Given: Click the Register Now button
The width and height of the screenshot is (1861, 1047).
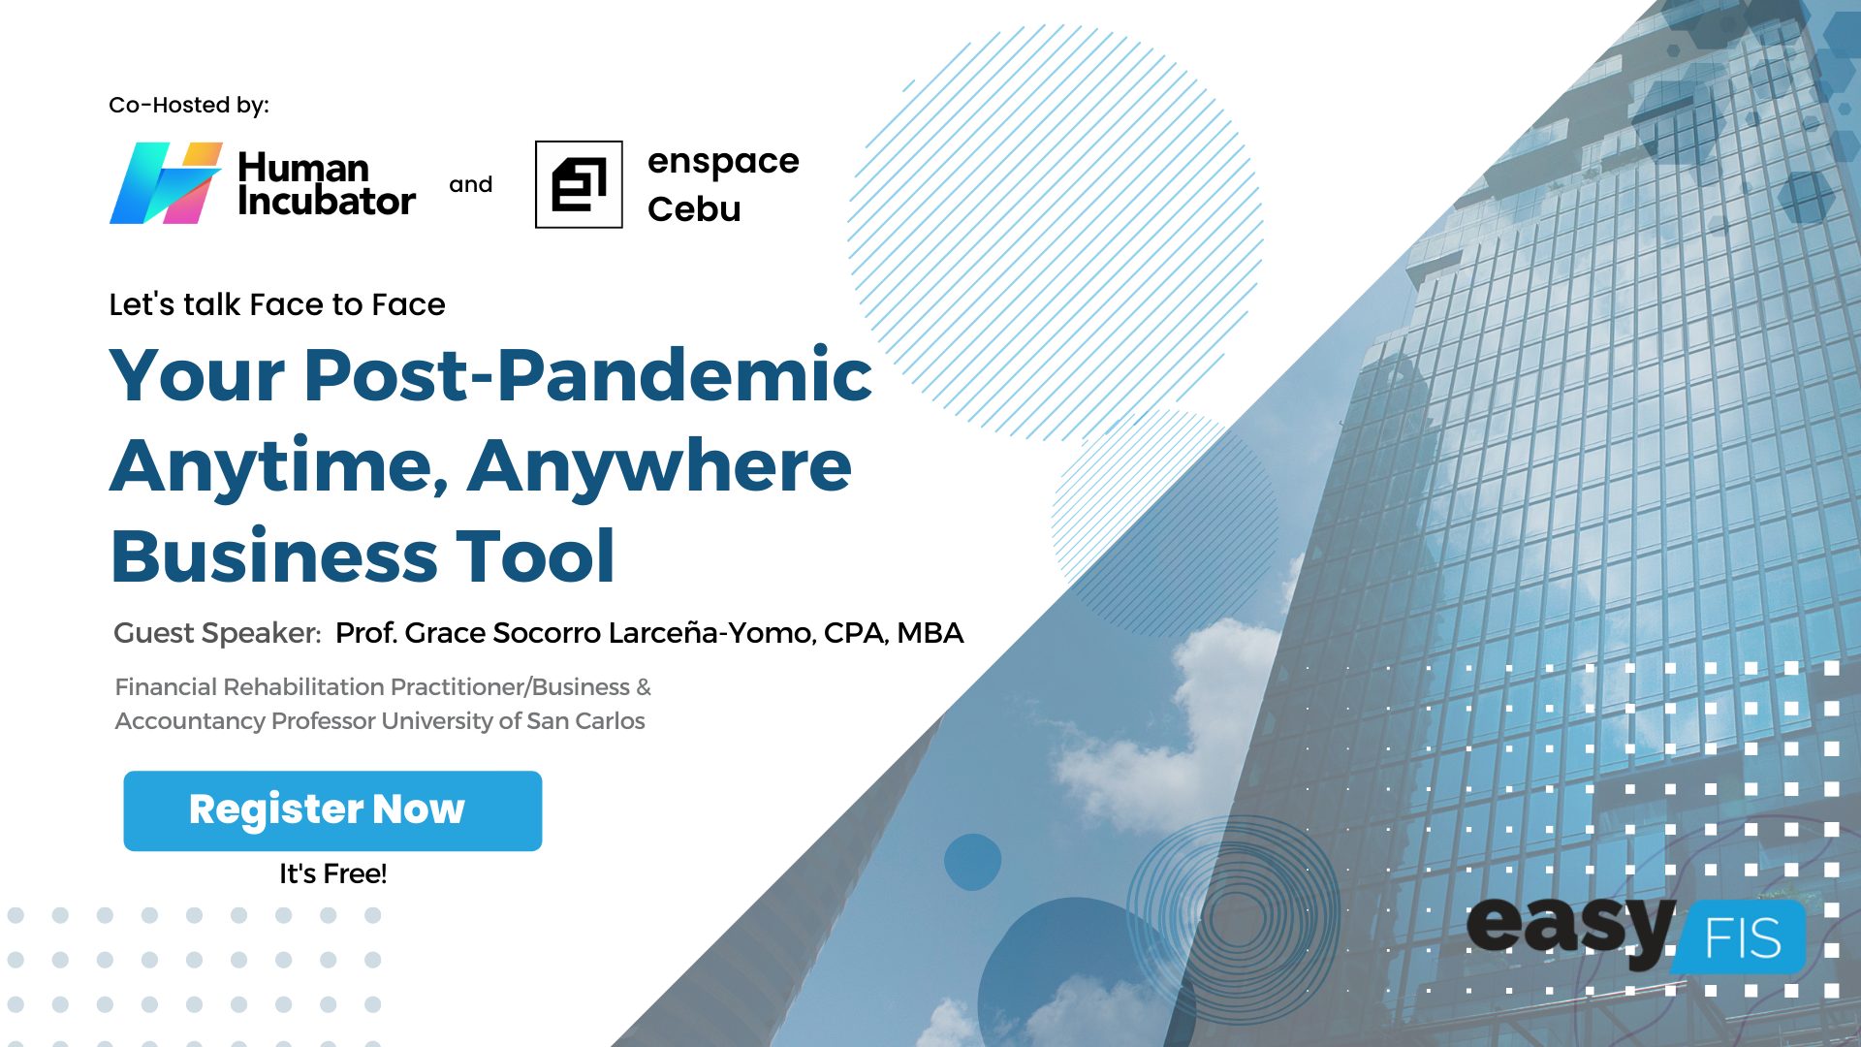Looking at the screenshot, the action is (x=332, y=810).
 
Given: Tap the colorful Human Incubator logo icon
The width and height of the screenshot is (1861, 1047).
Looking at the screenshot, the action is (x=166, y=183).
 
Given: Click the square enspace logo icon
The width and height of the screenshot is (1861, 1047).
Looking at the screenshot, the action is (x=579, y=184).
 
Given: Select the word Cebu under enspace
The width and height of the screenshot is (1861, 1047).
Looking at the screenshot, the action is (x=694, y=208).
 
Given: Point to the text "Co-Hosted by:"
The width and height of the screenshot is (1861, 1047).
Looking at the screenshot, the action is (x=189, y=105).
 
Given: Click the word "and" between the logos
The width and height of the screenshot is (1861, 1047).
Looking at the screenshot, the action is (x=471, y=184).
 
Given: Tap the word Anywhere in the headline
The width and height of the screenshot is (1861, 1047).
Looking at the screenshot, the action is (x=659, y=467).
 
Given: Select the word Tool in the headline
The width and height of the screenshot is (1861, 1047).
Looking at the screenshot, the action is (x=535, y=556).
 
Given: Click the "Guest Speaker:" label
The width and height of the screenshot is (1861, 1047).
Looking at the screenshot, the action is (x=217, y=633).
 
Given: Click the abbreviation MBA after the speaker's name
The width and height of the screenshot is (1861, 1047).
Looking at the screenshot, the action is (x=930, y=633).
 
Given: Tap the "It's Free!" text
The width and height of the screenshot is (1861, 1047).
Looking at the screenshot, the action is (x=333, y=873).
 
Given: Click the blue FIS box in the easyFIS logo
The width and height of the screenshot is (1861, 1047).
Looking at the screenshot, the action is (x=1740, y=936).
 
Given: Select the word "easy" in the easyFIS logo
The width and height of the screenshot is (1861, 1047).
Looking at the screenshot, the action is (x=1570, y=929).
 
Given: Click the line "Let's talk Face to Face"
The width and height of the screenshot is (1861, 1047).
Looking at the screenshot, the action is (x=277, y=304).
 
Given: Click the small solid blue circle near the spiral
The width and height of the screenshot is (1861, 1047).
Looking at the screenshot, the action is (x=972, y=862).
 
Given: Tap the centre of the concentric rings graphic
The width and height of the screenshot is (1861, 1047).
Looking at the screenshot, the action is (x=1235, y=915).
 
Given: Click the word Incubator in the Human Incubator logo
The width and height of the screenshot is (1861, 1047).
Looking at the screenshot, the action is (x=327, y=201).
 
